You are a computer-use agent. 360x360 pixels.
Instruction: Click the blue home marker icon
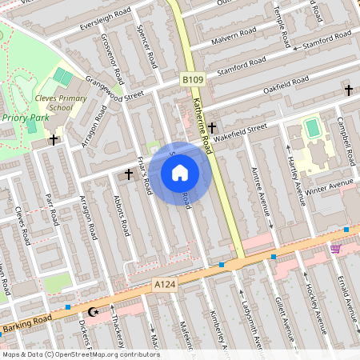pos(180,173)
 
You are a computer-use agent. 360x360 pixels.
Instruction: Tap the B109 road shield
pos(191,80)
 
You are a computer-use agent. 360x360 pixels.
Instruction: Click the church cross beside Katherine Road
pos(212,127)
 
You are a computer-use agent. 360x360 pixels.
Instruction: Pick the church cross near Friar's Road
pos(128,173)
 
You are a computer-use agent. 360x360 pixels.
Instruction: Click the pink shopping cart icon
pos(335,249)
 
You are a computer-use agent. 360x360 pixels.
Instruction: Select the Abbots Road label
pos(122,217)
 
